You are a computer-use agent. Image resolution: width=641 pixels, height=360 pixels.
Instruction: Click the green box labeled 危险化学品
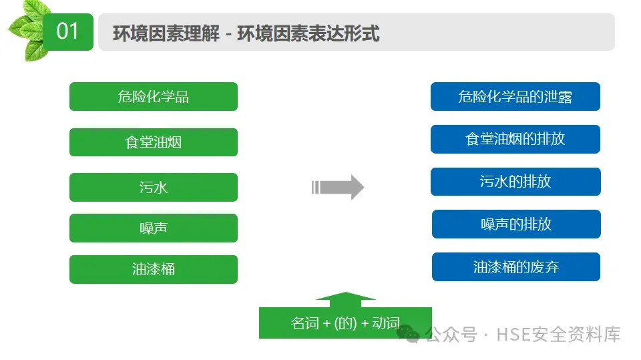[x=154, y=96]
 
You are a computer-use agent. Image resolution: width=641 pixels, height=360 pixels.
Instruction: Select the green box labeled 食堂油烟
[x=154, y=142]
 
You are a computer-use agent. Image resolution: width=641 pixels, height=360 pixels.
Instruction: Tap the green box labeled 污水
[x=154, y=187]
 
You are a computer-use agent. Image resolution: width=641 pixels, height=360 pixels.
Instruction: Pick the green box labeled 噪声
[x=154, y=228]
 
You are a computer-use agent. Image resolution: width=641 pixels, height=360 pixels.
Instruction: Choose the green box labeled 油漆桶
[x=154, y=269]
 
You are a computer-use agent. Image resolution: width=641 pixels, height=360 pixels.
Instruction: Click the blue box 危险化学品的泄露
[x=515, y=96]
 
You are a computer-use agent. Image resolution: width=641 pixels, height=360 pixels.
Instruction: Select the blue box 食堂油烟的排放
[x=515, y=139]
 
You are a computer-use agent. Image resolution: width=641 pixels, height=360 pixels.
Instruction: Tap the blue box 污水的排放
[x=515, y=182]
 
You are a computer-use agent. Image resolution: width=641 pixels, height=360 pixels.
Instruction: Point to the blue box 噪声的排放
[x=516, y=224]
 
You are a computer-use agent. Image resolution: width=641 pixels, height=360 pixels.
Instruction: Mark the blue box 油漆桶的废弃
[x=516, y=266]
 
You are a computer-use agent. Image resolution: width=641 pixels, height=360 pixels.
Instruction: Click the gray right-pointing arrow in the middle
[x=338, y=188]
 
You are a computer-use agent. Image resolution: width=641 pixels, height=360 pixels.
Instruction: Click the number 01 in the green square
[x=67, y=31]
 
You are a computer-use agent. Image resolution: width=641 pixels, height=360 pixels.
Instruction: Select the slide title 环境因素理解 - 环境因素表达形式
[x=246, y=33]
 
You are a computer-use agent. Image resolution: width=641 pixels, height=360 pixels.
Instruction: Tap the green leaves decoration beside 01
[x=27, y=30]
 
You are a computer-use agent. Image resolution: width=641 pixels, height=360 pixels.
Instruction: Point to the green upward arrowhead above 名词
[x=345, y=299]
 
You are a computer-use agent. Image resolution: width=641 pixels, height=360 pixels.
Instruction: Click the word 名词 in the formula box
[x=305, y=323]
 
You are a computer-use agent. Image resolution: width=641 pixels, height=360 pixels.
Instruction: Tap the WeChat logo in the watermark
[x=408, y=333]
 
